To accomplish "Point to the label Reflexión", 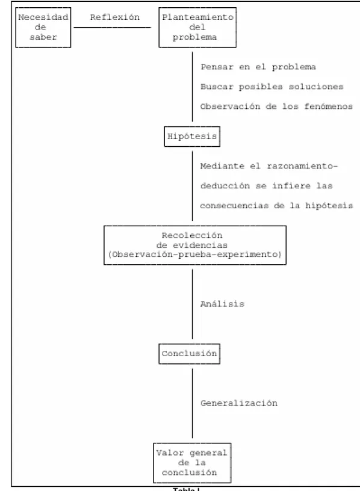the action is (114, 17).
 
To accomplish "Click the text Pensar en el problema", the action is (258, 67).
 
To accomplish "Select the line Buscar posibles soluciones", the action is (272, 87).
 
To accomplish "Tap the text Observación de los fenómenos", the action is (276, 107).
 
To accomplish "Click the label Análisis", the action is (222, 304).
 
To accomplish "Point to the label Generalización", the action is (239, 403).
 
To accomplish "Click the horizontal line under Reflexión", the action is (112, 28).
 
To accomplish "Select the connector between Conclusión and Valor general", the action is (193, 403).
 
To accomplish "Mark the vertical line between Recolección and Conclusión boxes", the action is (193, 304).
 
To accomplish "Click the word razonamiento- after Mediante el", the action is (302, 166).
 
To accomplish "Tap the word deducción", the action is (225, 186).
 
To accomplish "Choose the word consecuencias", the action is (234, 206).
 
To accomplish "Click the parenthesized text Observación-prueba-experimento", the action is (195, 255).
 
